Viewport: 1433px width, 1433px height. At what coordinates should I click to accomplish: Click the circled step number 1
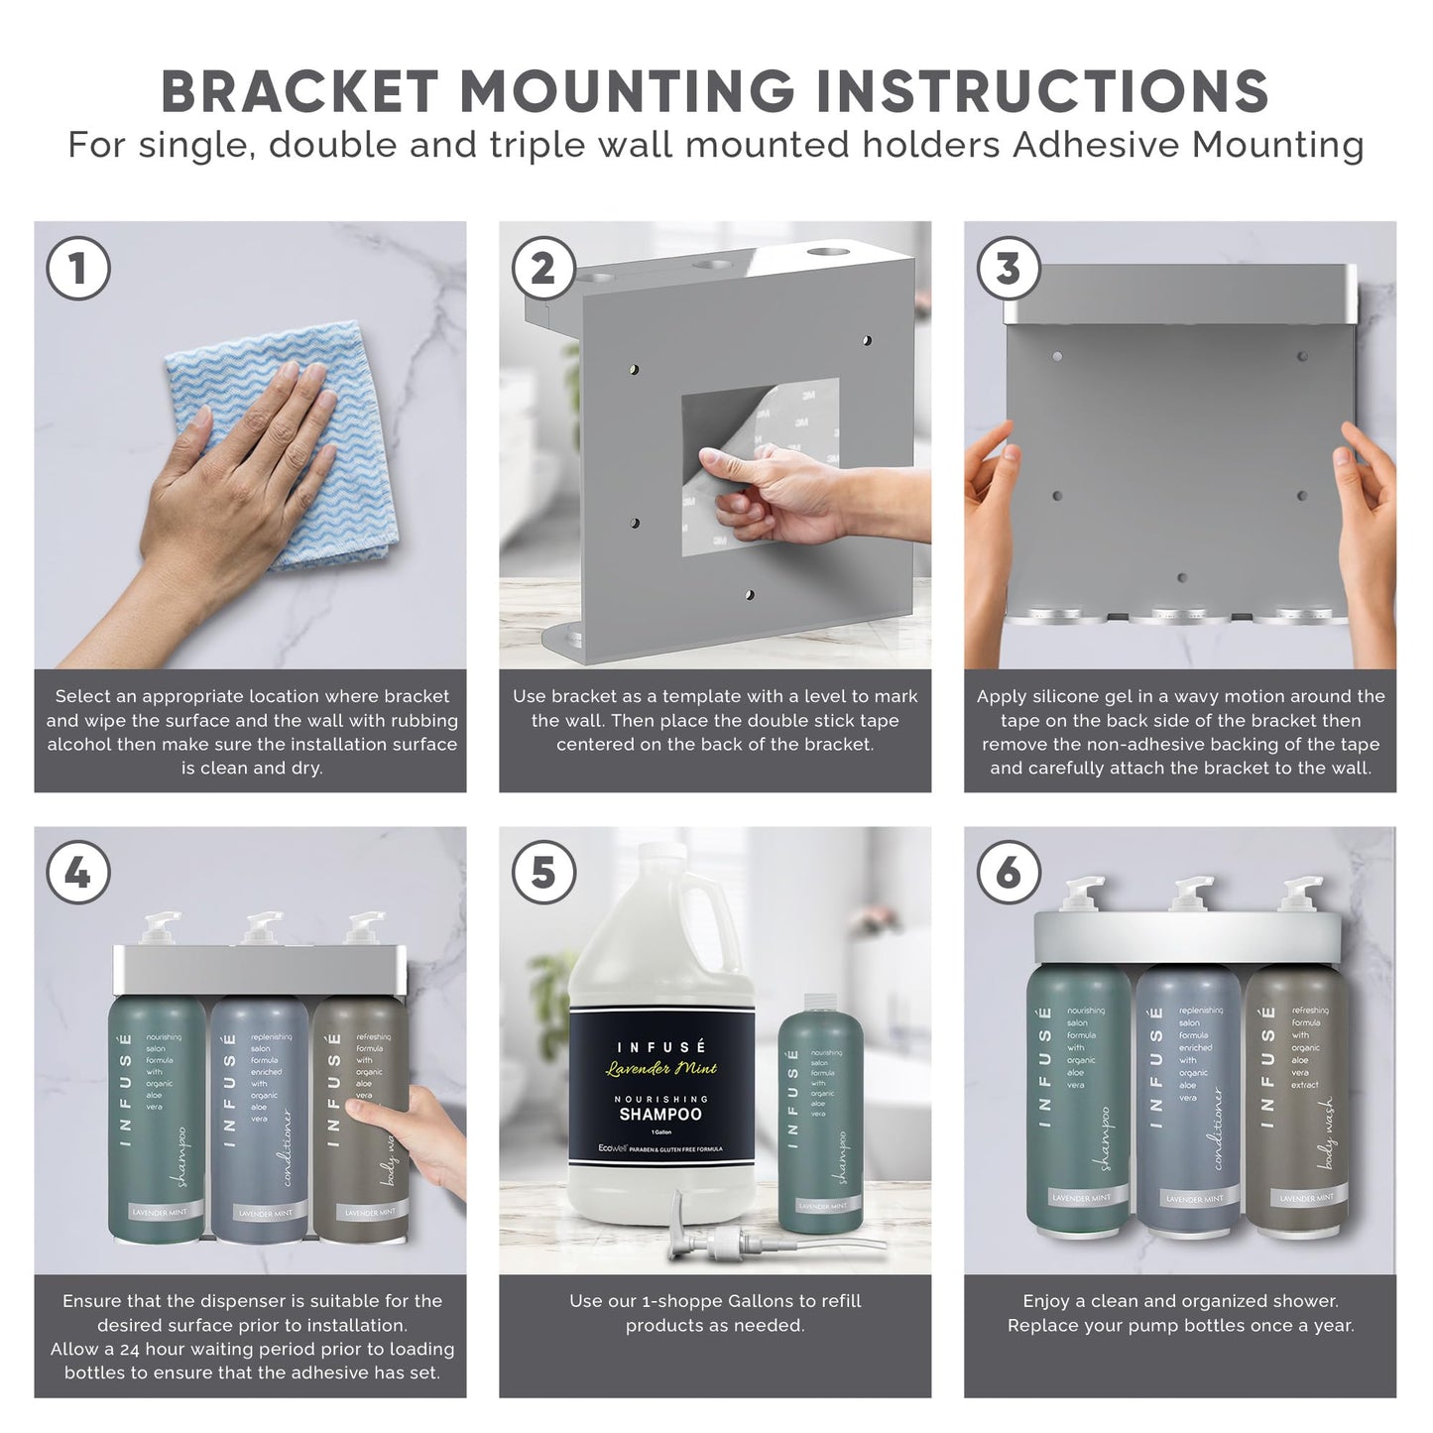[x=78, y=268]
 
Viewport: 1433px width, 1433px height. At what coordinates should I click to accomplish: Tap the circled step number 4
[x=78, y=873]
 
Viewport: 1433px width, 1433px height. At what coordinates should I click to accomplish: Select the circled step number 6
[x=1008, y=873]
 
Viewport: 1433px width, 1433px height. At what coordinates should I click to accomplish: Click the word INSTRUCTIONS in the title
[x=1041, y=91]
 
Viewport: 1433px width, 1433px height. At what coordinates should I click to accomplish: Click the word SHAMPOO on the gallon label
[x=660, y=1115]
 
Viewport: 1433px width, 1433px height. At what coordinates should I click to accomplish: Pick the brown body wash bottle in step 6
[x=1297, y=1101]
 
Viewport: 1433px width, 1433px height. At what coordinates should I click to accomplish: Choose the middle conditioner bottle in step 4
[x=260, y=1116]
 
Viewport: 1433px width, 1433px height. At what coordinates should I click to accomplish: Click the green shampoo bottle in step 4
[x=156, y=1116]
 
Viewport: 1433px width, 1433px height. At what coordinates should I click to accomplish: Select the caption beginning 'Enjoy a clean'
[x=1180, y=1313]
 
